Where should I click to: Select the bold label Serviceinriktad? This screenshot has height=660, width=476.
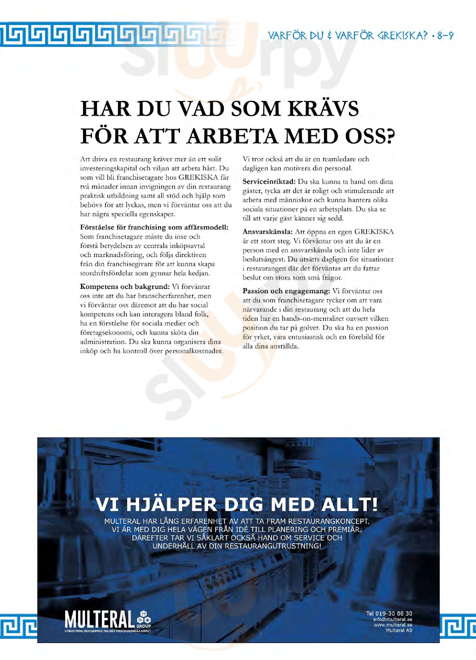coord(269,182)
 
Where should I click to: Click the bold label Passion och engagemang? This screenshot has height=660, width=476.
coord(286,291)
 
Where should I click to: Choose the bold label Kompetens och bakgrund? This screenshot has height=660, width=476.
coord(124,286)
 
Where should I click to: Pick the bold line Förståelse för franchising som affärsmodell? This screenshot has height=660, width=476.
coord(154,227)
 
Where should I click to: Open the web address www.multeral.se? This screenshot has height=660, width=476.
coord(393,625)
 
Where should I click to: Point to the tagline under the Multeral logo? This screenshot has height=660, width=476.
coord(108,631)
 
